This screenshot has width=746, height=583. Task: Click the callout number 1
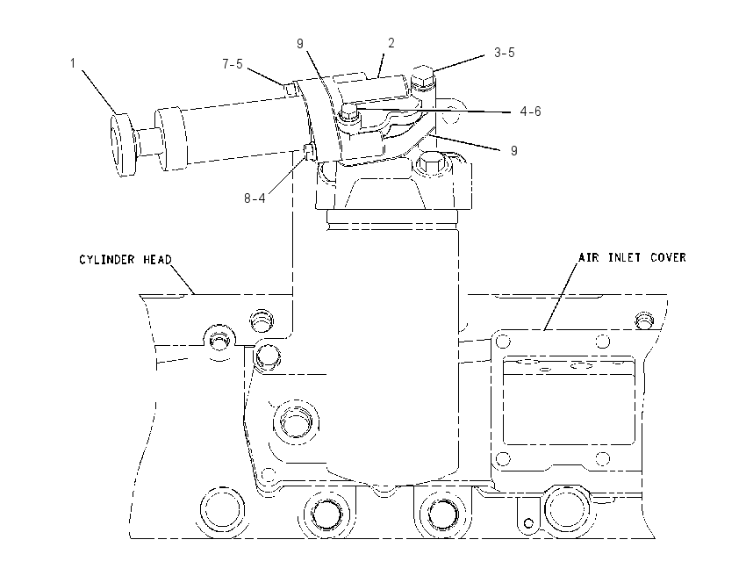(x=73, y=63)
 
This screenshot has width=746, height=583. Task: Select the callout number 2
(x=391, y=43)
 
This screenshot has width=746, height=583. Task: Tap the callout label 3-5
(x=505, y=53)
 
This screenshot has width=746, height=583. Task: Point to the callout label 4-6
(x=530, y=112)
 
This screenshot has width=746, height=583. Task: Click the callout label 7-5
(x=233, y=64)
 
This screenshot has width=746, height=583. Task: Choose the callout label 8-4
(x=255, y=198)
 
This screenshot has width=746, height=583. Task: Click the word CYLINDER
(x=107, y=259)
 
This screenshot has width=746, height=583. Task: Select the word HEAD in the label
(x=157, y=259)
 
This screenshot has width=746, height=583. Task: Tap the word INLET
(x=624, y=257)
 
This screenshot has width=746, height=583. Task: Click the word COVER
(x=668, y=257)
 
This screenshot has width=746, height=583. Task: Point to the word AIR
(x=589, y=257)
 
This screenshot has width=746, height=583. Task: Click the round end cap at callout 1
(x=124, y=145)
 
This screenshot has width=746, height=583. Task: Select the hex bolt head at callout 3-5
(x=423, y=76)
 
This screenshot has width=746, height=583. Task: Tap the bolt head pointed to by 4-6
(x=348, y=112)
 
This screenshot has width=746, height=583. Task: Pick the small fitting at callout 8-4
(x=309, y=152)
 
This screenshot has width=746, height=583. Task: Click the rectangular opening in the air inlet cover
(x=569, y=403)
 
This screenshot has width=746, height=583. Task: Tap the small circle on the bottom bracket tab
(x=528, y=523)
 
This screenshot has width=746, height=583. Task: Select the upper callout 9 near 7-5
(x=300, y=44)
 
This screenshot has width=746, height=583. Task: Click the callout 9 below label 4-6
(x=513, y=151)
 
